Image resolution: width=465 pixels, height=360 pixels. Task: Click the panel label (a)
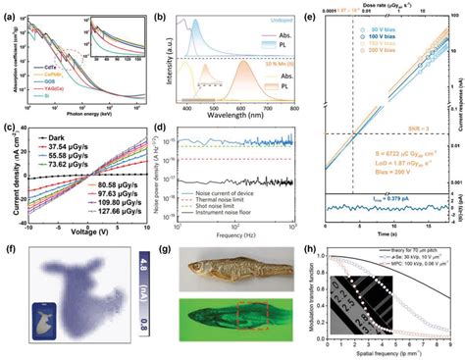tap(8, 9)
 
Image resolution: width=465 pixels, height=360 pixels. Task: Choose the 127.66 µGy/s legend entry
tap(96, 234)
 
